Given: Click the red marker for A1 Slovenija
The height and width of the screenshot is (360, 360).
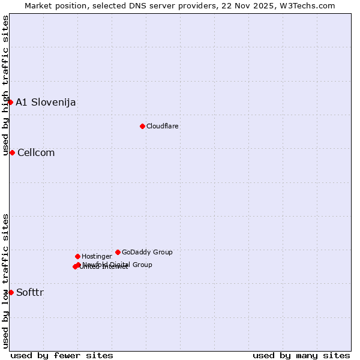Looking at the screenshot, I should [x=10, y=102].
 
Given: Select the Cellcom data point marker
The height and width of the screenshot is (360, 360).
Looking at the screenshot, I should [x=12, y=152].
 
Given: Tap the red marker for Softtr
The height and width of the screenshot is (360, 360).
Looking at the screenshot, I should [x=11, y=292].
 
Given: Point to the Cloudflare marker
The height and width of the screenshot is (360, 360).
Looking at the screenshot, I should [x=142, y=126].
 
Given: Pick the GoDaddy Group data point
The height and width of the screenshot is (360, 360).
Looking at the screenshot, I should [x=118, y=252].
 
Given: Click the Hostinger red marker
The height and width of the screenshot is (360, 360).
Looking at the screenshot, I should [x=77, y=256].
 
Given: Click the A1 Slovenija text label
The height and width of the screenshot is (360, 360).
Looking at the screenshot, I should [x=46, y=102].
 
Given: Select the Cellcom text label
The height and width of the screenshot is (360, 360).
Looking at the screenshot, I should [x=36, y=152].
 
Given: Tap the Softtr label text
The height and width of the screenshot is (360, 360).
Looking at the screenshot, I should [x=30, y=292].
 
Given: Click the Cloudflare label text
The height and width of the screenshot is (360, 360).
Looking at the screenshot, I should [x=163, y=126].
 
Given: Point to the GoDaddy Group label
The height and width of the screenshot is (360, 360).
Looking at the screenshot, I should [x=147, y=252].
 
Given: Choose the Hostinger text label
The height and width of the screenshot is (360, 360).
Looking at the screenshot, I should [x=97, y=256].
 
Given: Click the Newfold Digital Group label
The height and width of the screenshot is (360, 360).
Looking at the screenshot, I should [x=118, y=265].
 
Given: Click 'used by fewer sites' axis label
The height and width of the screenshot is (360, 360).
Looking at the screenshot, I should [x=62, y=355].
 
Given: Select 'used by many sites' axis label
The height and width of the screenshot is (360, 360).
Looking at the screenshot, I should [x=301, y=355].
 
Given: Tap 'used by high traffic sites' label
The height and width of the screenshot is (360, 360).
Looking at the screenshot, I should [x=5, y=85].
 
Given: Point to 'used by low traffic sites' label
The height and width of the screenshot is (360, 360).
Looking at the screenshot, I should [x=5, y=281].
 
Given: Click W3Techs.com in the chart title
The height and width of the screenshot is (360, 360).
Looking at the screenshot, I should [x=310, y=5].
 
